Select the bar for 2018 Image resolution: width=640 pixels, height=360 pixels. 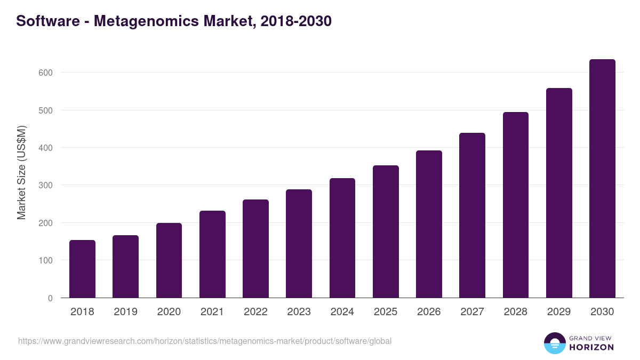pos(82,269)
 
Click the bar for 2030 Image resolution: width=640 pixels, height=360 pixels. pos(602,179)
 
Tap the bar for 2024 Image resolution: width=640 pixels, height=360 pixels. pos(342,238)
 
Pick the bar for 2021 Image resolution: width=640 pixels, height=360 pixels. pos(212,254)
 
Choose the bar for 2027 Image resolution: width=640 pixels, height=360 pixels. pos(472,215)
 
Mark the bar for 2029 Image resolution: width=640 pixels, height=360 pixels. pos(559,193)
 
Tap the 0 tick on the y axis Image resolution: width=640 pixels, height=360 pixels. pos(50,298)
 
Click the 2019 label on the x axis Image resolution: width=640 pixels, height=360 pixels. pos(125,312)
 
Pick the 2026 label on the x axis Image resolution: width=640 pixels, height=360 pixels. pos(429,312)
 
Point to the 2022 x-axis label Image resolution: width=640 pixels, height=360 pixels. pos(255,312)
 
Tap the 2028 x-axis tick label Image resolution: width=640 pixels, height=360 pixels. pos(516,312)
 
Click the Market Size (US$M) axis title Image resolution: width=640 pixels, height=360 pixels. pos(21,172)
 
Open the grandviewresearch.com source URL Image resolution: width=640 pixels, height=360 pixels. pos(205,341)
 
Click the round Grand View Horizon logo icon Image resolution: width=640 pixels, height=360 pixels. pos(555,343)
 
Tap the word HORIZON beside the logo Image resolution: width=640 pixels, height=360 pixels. pos(591,347)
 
